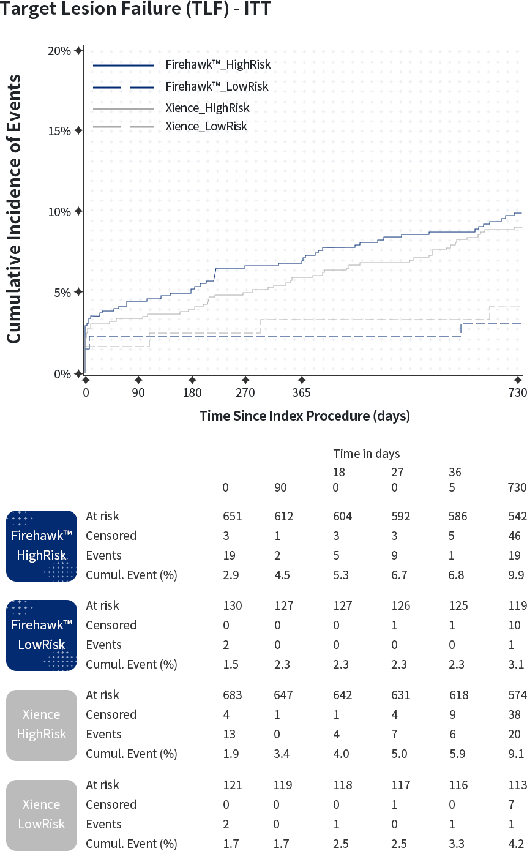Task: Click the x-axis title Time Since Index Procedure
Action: pyautogui.click(x=304, y=416)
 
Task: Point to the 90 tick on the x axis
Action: pyautogui.click(x=138, y=393)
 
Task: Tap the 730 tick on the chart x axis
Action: pyautogui.click(x=517, y=393)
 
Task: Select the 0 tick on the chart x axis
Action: pyautogui.click(x=86, y=393)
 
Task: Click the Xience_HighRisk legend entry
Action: pyautogui.click(x=208, y=108)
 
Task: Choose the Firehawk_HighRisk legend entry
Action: pyautogui.click(x=217, y=65)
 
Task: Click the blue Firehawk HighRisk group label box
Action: pyautogui.click(x=42, y=546)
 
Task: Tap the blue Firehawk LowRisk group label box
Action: pyautogui.click(x=42, y=635)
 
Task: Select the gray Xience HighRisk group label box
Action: pyautogui.click(x=42, y=724)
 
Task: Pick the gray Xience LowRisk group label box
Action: pyautogui.click(x=42, y=814)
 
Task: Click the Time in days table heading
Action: pyautogui.click(x=366, y=454)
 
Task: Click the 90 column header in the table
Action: pyautogui.click(x=280, y=488)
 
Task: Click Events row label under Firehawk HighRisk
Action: pyautogui.click(x=104, y=555)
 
